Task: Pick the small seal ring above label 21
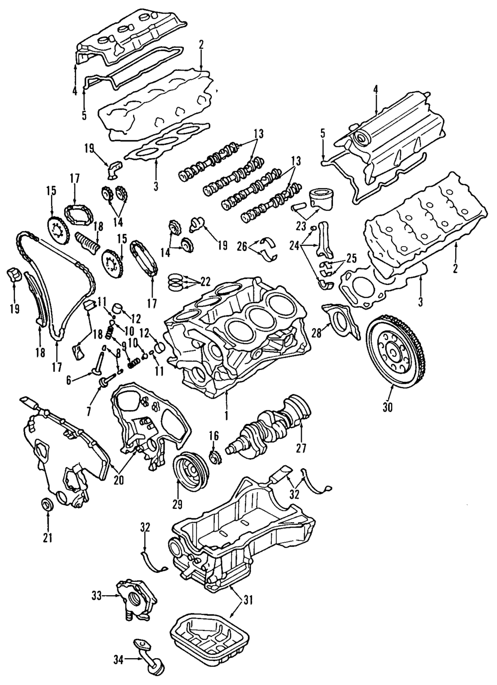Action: click(47, 505)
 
